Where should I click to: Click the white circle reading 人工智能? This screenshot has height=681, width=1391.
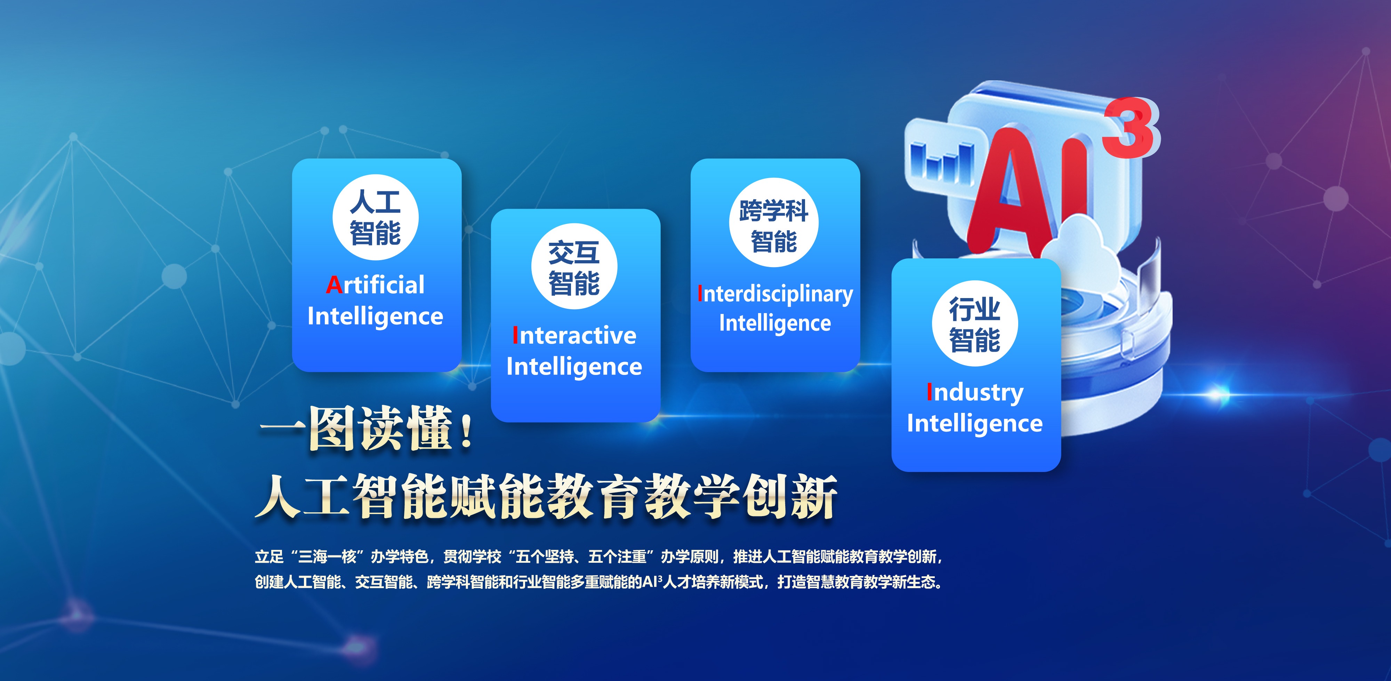[x=375, y=217]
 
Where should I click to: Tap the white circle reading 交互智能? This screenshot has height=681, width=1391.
[x=574, y=266]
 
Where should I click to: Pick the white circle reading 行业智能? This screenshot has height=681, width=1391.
[x=975, y=323]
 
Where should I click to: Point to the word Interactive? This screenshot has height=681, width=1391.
[x=574, y=335]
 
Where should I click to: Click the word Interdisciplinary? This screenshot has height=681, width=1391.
[x=775, y=294]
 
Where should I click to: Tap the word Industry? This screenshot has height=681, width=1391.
[x=975, y=393]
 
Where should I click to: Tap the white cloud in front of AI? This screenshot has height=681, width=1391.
[x=1072, y=246]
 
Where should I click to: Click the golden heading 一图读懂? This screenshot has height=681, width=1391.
[x=356, y=429]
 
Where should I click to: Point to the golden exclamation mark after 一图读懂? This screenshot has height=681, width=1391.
[x=466, y=431]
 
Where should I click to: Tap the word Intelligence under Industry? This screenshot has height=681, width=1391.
[x=975, y=423]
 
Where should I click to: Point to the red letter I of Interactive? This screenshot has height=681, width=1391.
[x=515, y=335]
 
